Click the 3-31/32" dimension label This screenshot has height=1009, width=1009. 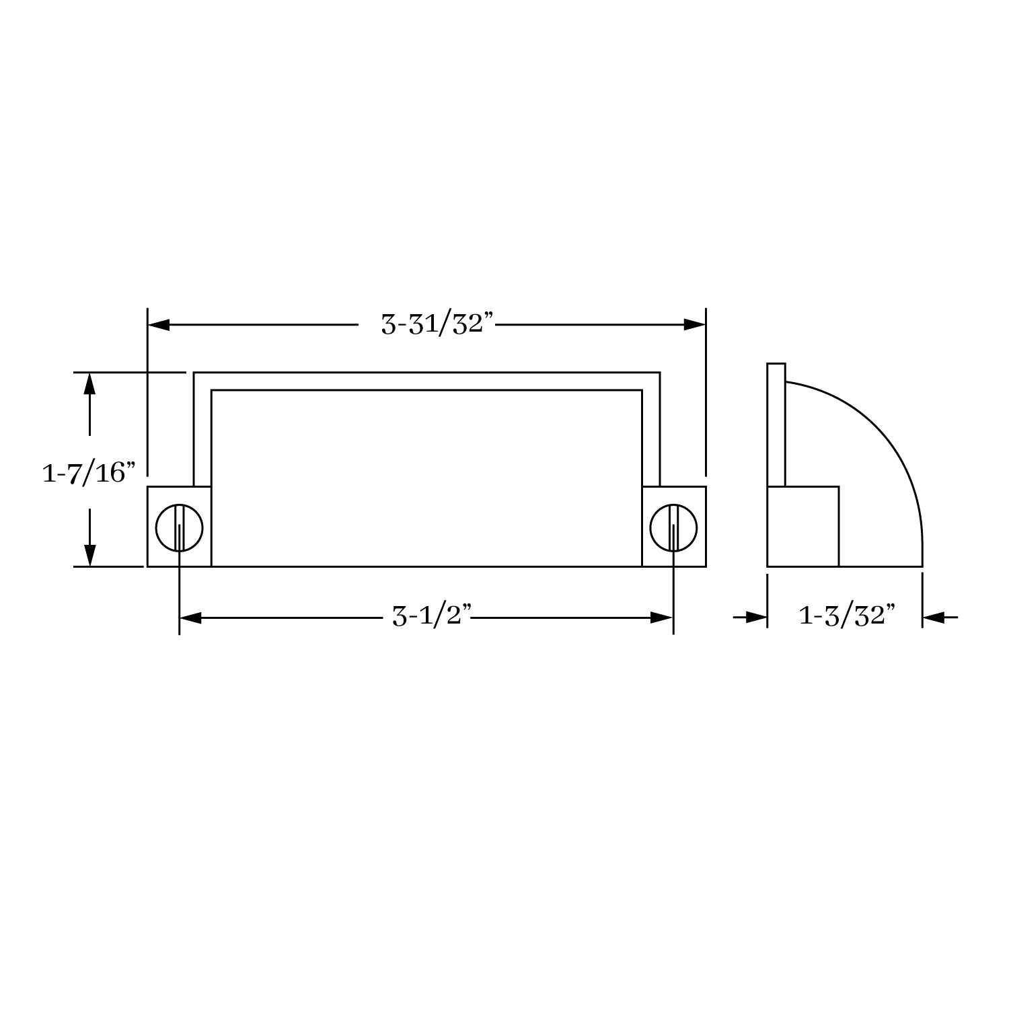[x=438, y=325]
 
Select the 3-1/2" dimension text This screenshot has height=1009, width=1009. [x=431, y=617]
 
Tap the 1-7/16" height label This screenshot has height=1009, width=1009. [x=84, y=473]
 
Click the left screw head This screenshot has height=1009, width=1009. [x=179, y=527]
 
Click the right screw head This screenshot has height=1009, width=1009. [x=673, y=527]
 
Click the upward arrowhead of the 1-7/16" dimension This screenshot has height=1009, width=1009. [x=89, y=383]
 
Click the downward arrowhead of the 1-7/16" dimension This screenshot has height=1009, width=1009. [x=89, y=555]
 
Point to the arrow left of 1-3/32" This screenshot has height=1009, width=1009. [x=756, y=617]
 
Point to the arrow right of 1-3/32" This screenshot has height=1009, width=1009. [x=934, y=617]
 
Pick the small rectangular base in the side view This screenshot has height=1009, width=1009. [x=802, y=526]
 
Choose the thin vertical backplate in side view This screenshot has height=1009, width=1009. [x=776, y=424]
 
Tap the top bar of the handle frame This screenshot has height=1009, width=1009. [x=426, y=381]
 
